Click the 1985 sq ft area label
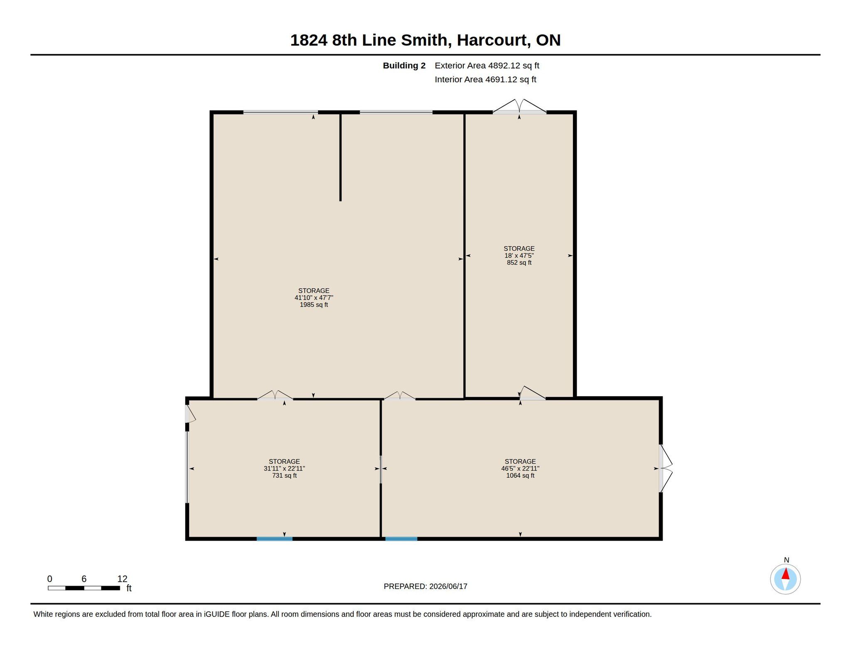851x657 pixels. point(314,305)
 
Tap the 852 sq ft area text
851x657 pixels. point(519,262)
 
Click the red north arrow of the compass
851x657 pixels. point(785,574)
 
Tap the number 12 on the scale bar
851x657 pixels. point(122,579)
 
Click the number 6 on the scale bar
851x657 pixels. point(84,579)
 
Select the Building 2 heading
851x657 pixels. point(404,66)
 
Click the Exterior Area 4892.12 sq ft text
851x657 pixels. point(487,66)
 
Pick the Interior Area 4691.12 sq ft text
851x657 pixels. point(485,79)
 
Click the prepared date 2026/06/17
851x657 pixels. point(448,586)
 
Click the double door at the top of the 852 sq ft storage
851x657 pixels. point(519,106)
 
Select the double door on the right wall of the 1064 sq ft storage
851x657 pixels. point(666,468)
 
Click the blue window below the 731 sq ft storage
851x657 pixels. point(274,539)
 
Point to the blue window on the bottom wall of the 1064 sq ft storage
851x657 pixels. point(401,539)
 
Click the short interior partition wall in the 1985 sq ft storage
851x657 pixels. point(340,157)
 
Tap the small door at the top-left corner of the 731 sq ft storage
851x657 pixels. point(190,414)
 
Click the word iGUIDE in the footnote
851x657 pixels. point(216,614)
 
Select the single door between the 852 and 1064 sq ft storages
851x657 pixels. point(532,393)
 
